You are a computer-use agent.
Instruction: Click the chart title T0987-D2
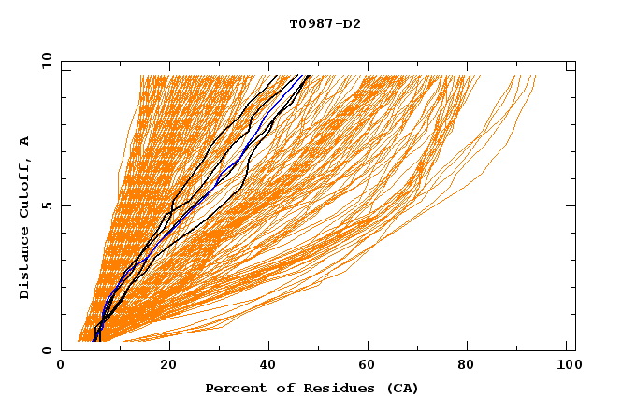pos(325,23)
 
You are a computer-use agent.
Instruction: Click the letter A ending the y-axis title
pos(25,141)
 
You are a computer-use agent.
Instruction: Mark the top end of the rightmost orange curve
pos(535,76)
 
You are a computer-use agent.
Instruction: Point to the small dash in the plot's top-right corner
pos(570,68)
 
